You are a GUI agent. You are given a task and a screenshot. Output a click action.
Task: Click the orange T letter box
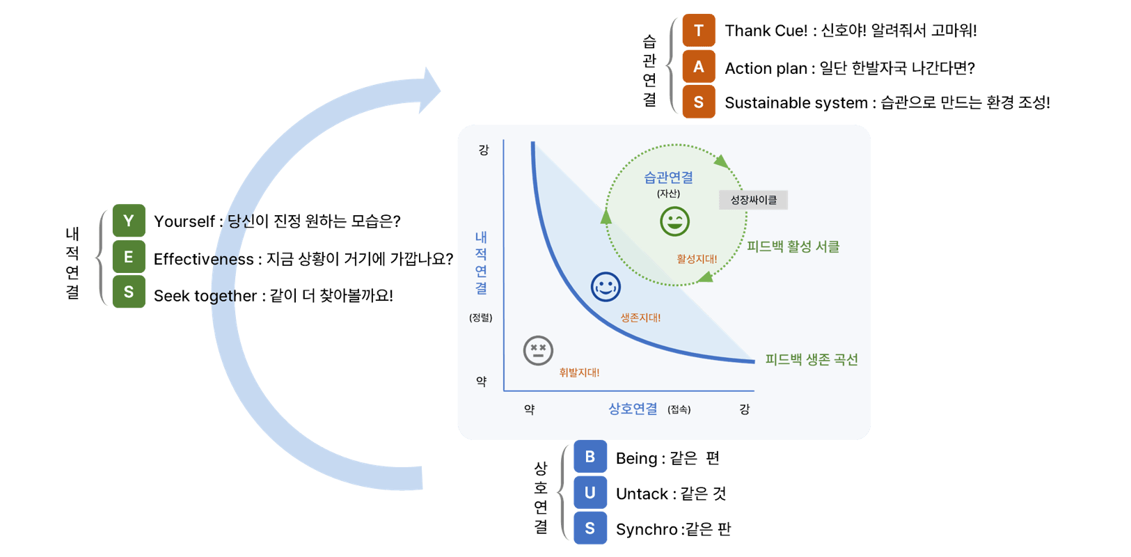(698, 31)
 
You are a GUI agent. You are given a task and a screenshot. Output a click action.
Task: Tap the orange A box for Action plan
(698, 67)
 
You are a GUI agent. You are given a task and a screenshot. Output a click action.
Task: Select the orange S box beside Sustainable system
(698, 102)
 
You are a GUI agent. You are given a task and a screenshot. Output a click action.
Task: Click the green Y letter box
(129, 221)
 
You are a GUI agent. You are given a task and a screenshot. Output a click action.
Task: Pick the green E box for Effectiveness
(129, 257)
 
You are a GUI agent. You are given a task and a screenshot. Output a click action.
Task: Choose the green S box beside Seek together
(129, 292)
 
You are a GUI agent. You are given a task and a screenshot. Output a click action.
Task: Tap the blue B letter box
(590, 457)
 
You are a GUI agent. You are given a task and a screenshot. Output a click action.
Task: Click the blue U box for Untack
(590, 493)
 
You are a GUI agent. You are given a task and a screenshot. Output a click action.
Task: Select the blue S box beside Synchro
(590, 528)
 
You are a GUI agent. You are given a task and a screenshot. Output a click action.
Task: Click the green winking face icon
(674, 221)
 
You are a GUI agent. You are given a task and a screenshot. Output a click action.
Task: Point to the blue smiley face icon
(606, 286)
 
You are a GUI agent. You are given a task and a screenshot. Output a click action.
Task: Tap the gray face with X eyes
(538, 350)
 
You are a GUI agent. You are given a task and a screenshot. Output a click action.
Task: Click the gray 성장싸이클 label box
(753, 200)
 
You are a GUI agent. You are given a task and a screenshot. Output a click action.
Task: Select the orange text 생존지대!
(640, 317)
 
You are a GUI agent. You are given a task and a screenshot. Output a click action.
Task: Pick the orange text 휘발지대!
(579, 372)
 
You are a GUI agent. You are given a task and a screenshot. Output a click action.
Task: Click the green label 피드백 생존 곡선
(812, 359)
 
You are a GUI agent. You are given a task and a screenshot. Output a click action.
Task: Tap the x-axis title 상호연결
(633, 409)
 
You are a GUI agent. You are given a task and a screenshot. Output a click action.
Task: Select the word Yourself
(184, 221)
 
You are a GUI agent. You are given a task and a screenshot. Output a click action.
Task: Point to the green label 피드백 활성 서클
(793, 246)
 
